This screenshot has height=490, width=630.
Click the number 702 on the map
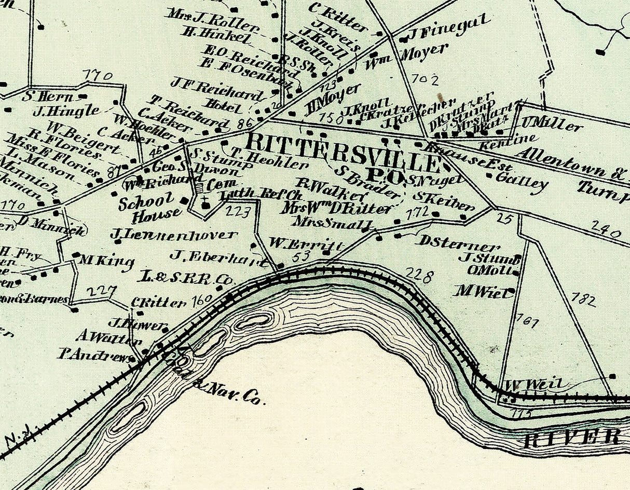coord(424,79)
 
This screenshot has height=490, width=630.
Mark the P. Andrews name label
coord(94,356)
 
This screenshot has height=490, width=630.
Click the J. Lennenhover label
coord(173,235)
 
